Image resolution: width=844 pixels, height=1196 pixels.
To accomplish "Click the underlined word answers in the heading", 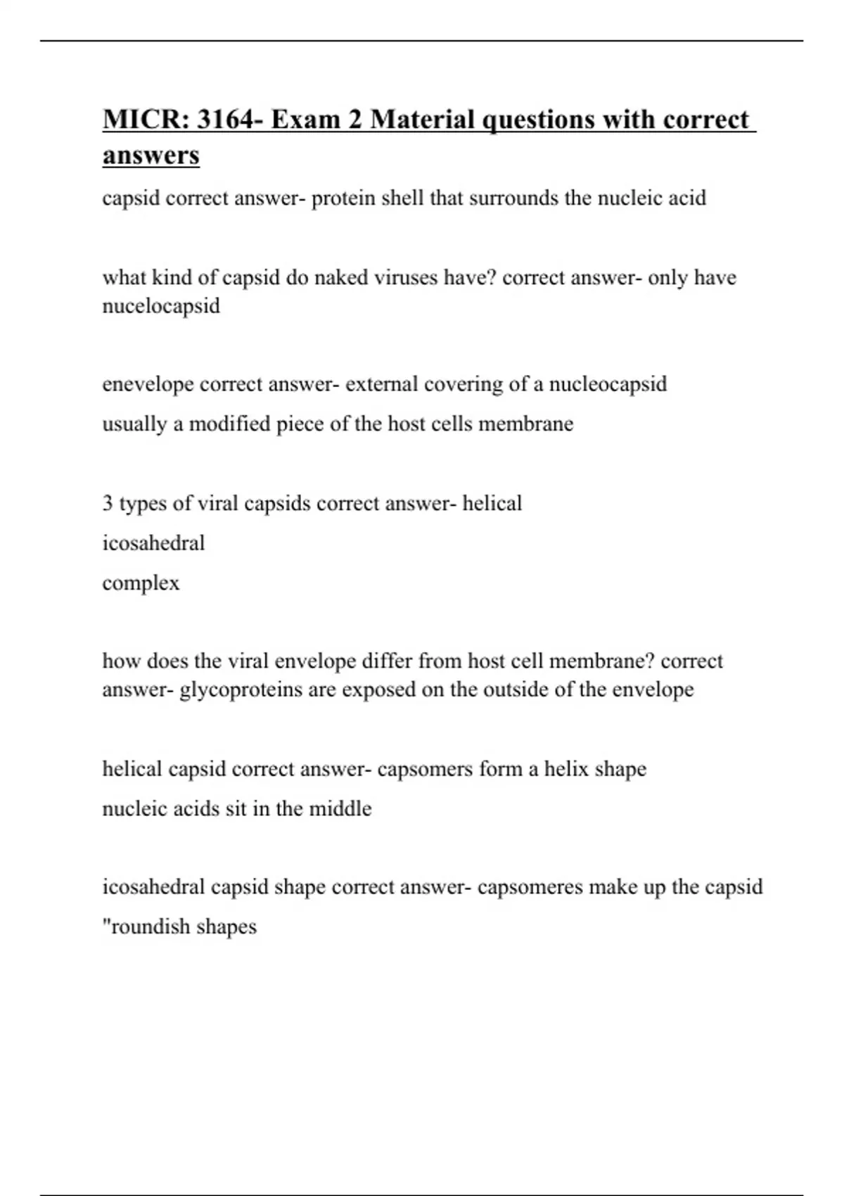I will [151, 155].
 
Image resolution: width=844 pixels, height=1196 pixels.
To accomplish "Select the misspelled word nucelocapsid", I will [161, 306].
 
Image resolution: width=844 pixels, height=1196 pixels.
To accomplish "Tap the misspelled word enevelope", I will [148, 385].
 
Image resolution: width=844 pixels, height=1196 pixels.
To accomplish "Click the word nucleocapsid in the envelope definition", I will [608, 384].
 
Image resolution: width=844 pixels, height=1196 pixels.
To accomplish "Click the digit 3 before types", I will [108, 504].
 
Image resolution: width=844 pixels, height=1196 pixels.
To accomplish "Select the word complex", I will [141, 583].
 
